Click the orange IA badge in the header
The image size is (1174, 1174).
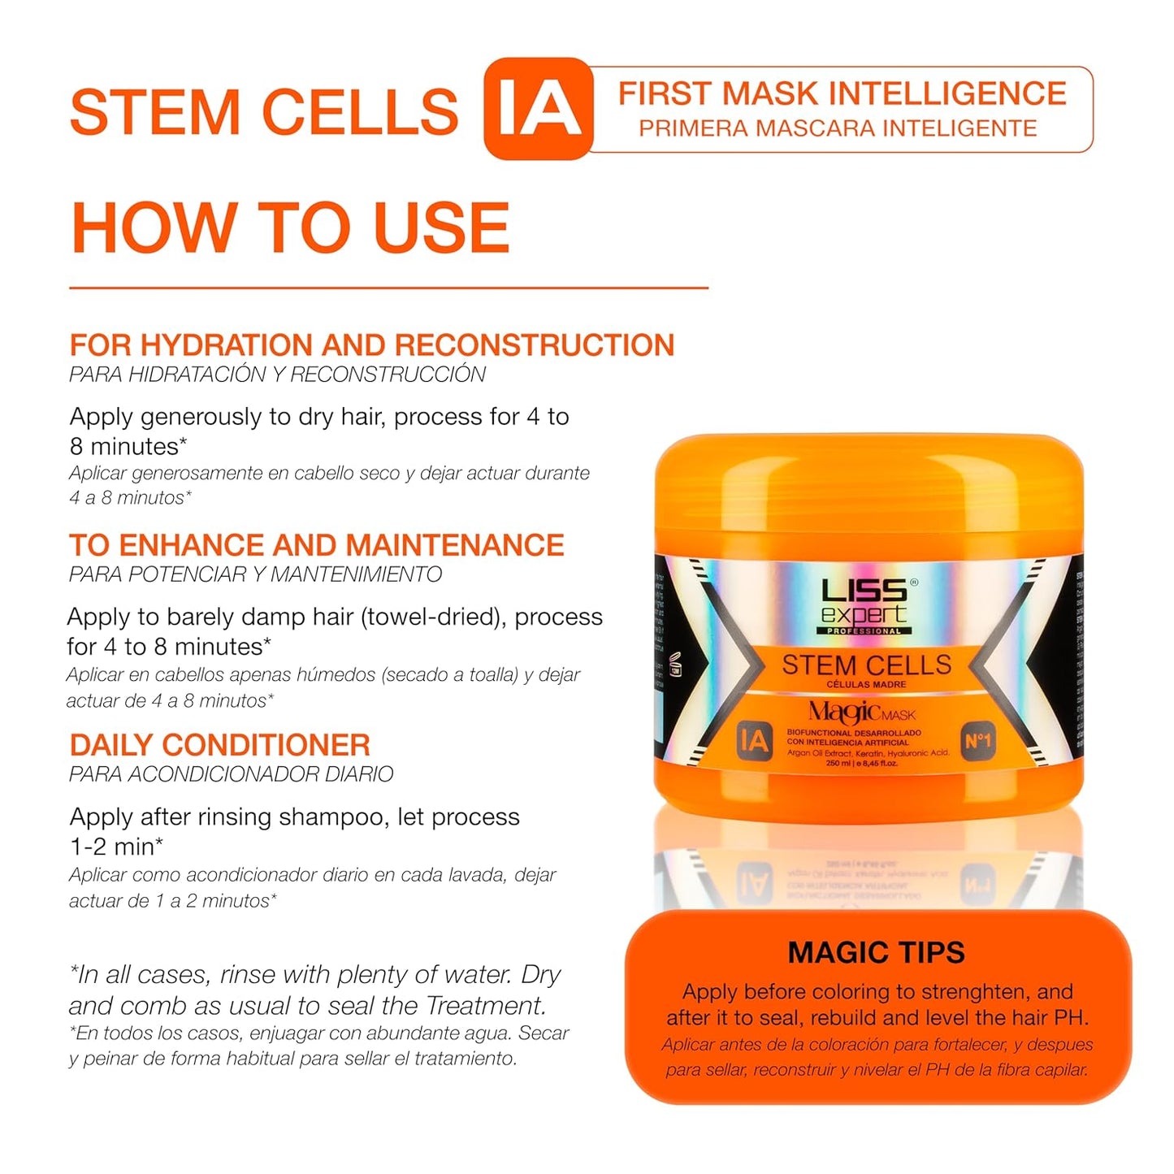tap(538, 108)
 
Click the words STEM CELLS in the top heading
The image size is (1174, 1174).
tap(264, 112)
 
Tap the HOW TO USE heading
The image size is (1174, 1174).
tap(290, 228)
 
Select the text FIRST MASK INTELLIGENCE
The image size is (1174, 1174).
tap(842, 93)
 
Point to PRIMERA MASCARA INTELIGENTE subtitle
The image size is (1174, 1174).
tap(838, 128)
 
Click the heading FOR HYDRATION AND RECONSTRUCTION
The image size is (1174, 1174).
tap(371, 345)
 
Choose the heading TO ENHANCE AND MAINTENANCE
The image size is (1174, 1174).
tap(316, 544)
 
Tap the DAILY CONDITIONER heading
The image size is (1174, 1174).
tap(219, 745)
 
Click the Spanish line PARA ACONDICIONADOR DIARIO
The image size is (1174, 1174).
tap(231, 774)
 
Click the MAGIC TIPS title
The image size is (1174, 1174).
tap(876, 952)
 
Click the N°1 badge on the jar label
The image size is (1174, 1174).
tap(977, 741)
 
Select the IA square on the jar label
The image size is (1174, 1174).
tap(753, 741)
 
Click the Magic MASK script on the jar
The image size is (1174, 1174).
tap(861, 713)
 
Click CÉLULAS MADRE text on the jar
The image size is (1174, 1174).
tap(866, 685)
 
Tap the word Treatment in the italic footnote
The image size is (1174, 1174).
tap(486, 1006)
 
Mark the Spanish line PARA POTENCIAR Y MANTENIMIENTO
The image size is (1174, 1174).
tap(255, 574)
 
